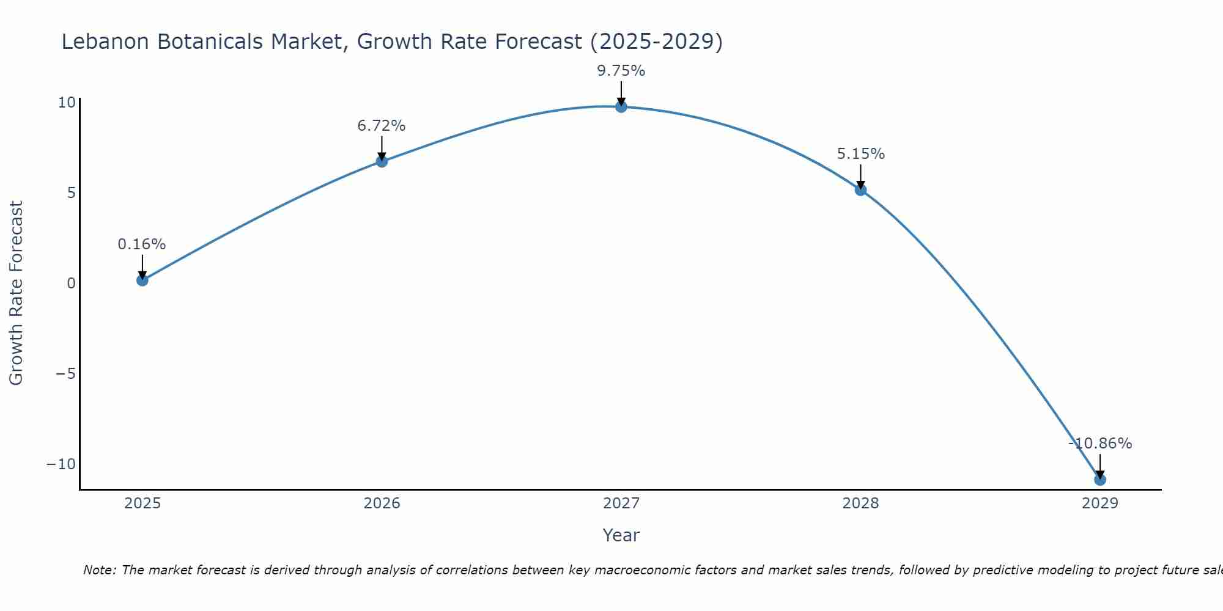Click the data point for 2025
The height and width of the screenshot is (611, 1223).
coord(142,280)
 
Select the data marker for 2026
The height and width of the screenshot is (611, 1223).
coord(382,162)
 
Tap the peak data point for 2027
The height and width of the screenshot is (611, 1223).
coord(621,107)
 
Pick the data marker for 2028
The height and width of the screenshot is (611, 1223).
coord(860,190)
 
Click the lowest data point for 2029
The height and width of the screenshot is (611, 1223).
coord(1099,480)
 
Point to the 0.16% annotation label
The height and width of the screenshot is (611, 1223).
coord(142,244)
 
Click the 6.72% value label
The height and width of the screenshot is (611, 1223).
coord(382,126)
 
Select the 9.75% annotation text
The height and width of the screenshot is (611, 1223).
coord(621,71)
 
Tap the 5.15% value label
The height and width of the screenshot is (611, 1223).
coord(860,154)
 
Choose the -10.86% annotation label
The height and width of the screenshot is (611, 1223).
coord(1100,444)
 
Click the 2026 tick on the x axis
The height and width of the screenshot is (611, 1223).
coord(382,503)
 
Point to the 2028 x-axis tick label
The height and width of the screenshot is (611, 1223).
coord(860,503)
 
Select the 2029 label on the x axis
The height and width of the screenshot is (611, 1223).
coord(1099,503)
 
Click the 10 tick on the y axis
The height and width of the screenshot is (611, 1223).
coord(67,103)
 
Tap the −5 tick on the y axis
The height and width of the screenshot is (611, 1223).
coord(65,374)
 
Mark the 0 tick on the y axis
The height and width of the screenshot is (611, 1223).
coord(71,284)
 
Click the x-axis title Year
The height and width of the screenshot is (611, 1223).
coord(621,535)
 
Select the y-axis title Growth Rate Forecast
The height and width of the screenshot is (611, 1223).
coord(17,293)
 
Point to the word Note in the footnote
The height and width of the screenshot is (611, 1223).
coord(98,570)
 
